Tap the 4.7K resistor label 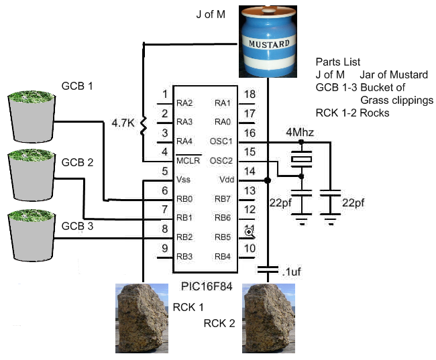point(124,123)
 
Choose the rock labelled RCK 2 point(270,318)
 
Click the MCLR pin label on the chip point(188,161)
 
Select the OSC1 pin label point(221,141)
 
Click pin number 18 point(249,95)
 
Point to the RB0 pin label point(184,198)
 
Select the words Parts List point(339,62)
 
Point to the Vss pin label point(184,180)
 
